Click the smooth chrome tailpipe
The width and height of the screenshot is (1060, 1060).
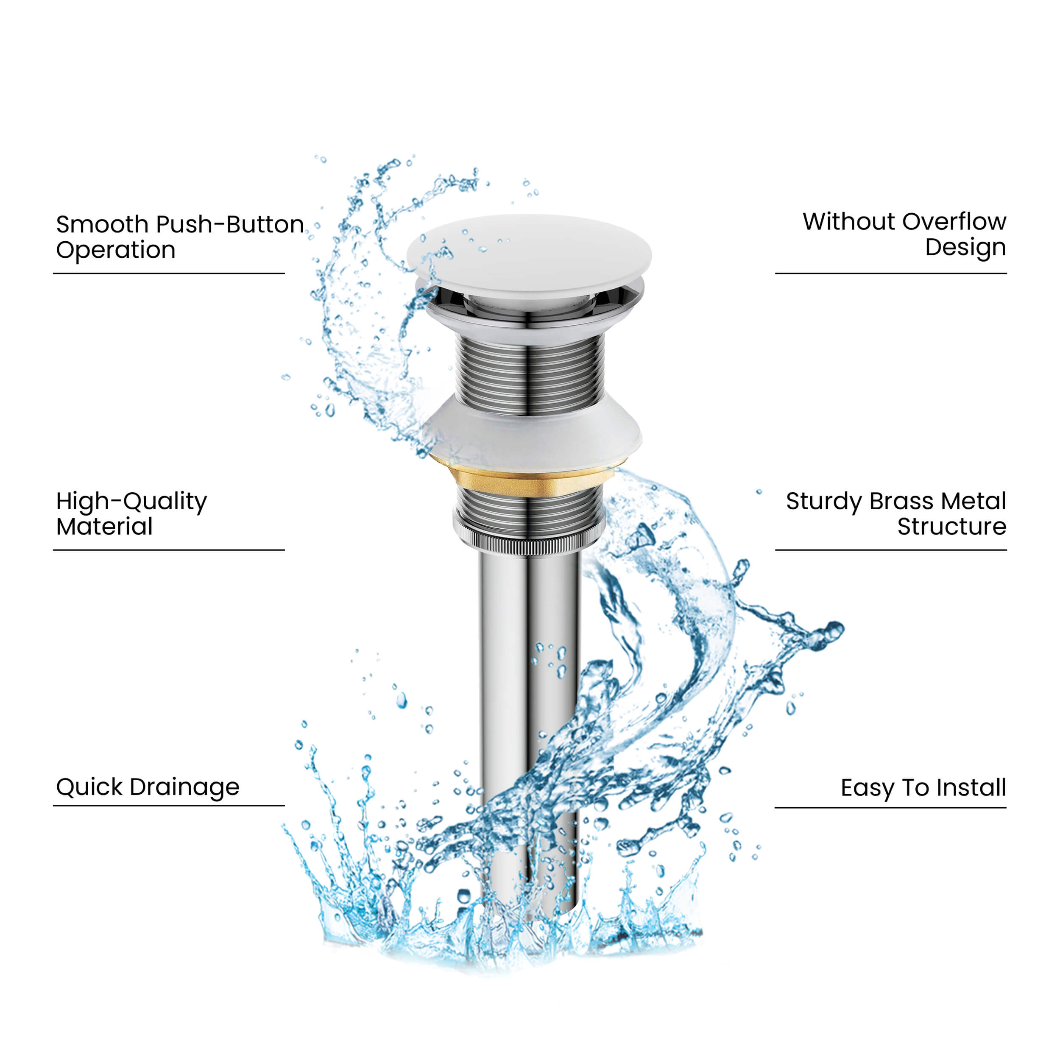(x=529, y=713)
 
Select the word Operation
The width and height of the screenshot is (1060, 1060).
(x=116, y=251)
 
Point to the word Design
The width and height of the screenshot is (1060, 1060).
(x=965, y=248)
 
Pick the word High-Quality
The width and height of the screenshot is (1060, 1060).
(x=132, y=502)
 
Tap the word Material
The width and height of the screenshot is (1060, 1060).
(x=104, y=527)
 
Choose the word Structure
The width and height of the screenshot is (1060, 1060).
(x=952, y=527)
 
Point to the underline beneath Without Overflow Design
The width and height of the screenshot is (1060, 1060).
(x=890, y=273)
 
